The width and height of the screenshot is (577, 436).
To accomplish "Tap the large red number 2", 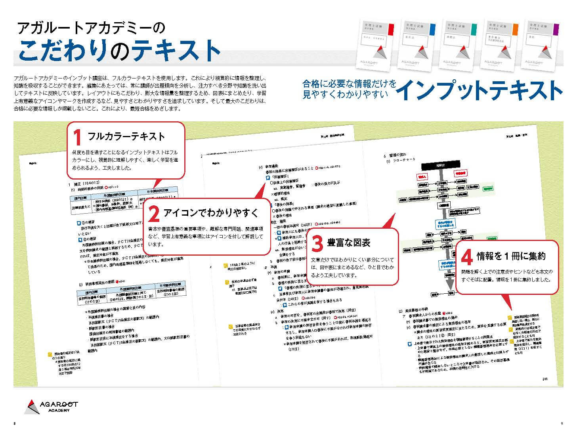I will [154, 214].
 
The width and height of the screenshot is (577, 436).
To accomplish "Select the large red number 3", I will [317, 243].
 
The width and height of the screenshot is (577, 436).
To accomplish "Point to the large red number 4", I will [467, 258].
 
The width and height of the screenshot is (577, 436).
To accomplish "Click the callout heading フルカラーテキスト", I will [126, 137].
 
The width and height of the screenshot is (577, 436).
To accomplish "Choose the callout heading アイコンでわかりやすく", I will [211, 213].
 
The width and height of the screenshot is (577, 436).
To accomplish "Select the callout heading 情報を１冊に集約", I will [511, 256].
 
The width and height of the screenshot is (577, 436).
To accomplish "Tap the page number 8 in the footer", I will [15, 424].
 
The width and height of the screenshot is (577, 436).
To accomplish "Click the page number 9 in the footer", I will [562, 424].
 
